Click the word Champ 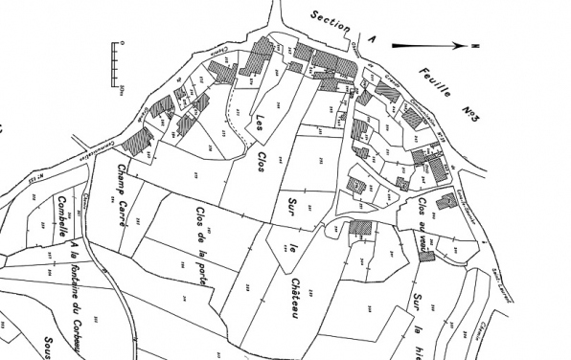coord(122,179)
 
